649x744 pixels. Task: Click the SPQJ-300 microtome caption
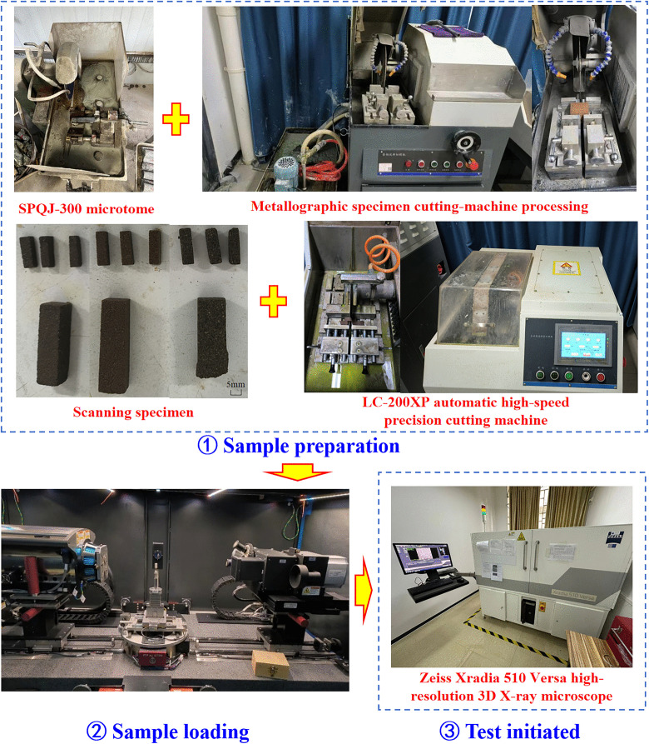[x=87, y=209]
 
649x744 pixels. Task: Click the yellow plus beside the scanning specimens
[x=274, y=302]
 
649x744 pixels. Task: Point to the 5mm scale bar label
[x=235, y=384]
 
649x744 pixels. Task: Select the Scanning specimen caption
[x=133, y=412]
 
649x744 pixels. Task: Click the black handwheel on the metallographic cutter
[x=466, y=142]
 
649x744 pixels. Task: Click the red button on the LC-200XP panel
[x=600, y=377]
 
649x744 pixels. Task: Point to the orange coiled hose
[x=382, y=254]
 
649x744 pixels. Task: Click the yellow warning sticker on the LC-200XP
[x=566, y=268]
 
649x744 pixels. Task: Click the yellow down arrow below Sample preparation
[x=297, y=472]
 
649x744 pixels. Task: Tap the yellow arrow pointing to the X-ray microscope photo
[x=364, y=590]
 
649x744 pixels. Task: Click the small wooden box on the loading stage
[x=270, y=663]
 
